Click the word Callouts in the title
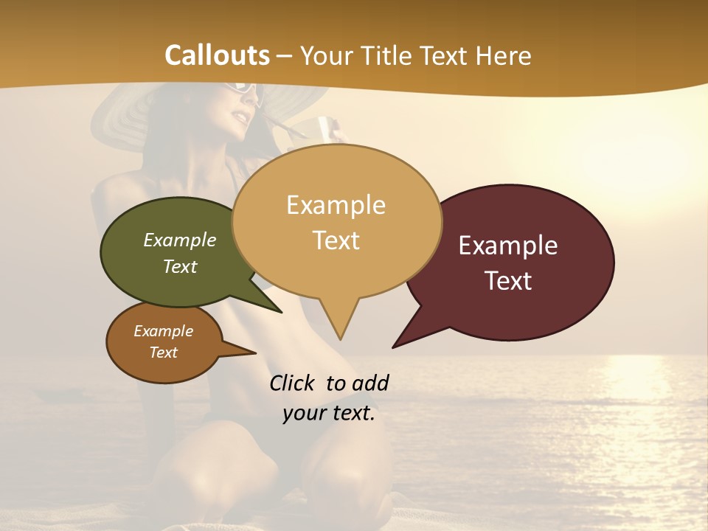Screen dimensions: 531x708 [217, 55]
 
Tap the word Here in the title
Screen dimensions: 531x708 [504, 55]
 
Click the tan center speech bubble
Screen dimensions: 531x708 [336, 221]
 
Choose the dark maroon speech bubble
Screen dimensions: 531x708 [516, 263]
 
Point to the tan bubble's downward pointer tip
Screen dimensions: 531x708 [340, 339]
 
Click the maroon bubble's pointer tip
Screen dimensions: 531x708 [393, 347]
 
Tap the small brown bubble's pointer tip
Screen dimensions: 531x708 [255, 353]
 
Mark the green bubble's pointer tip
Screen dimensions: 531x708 [281, 312]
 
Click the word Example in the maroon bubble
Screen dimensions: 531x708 [508, 246]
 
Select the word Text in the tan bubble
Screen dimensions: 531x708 [336, 240]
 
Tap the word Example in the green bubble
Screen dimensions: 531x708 [180, 240]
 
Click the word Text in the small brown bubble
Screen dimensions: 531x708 [164, 353]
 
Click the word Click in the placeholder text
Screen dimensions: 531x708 [293, 383]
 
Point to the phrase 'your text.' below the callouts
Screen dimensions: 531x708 [329, 413]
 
